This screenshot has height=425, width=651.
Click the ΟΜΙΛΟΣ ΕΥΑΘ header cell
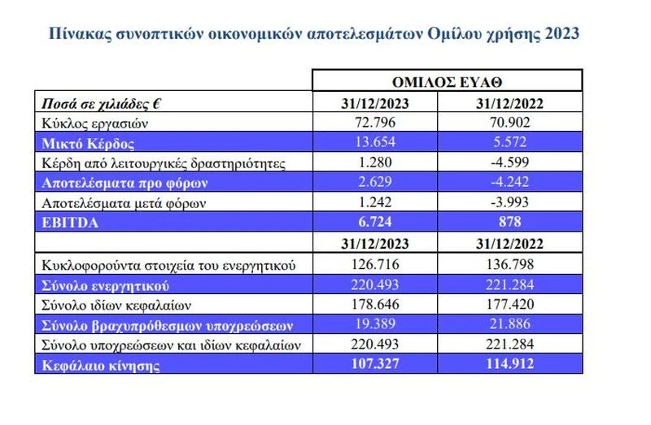(x=448, y=81)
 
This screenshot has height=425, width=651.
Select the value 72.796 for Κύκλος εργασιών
(x=375, y=124)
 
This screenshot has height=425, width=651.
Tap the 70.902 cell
(x=509, y=124)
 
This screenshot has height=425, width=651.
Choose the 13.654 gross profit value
(x=375, y=143)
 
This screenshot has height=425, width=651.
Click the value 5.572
(x=509, y=143)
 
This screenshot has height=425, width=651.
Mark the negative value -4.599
(x=509, y=163)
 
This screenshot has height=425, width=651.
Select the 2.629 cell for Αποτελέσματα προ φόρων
(x=375, y=182)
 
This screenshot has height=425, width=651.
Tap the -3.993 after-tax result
(x=509, y=202)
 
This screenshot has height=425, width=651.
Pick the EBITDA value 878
(x=509, y=222)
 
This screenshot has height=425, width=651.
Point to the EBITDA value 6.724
(x=375, y=222)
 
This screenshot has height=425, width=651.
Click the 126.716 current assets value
(x=375, y=265)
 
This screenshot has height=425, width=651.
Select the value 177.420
(x=509, y=305)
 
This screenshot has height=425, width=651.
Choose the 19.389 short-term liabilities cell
(x=375, y=325)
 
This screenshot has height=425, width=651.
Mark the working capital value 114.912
(x=509, y=365)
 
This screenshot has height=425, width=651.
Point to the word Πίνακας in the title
(x=76, y=34)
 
